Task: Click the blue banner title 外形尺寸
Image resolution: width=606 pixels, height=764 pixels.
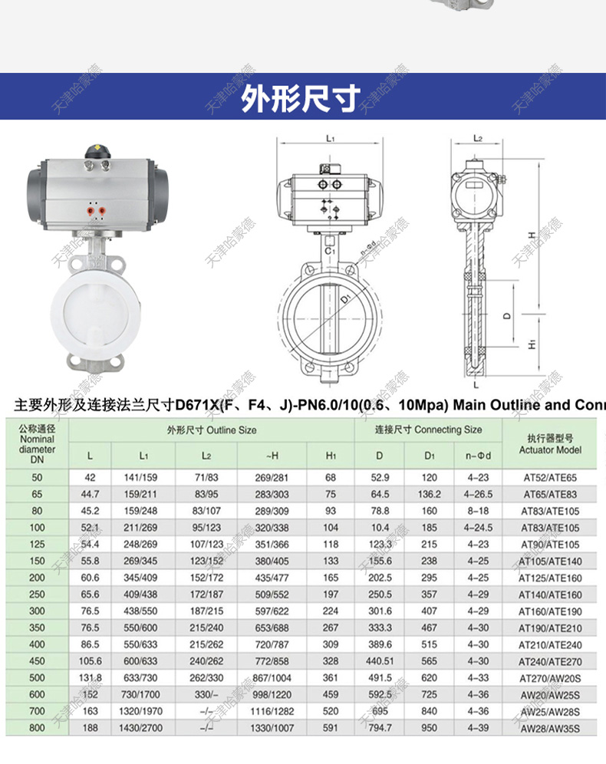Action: click(x=301, y=97)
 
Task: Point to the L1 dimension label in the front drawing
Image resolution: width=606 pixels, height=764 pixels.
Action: click(x=330, y=139)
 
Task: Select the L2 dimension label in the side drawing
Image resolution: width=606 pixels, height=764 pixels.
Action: click(x=477, y=139)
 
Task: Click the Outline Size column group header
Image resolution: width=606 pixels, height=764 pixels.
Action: click(x=211, y=430)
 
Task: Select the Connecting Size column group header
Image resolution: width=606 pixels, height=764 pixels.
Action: click(x=429, y=430)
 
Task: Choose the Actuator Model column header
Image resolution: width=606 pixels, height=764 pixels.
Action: click(x=550, y=443)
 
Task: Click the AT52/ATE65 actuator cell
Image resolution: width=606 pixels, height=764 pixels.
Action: click(x=550, y=478)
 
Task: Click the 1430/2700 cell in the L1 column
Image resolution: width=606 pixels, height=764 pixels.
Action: click(x=146, y=728)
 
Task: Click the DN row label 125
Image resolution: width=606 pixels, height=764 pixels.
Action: click(x=37, y=545)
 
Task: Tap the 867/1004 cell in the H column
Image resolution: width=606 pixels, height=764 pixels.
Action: click(x=272, y=678)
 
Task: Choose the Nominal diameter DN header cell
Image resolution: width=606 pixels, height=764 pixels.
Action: click(x=37, y=444)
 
